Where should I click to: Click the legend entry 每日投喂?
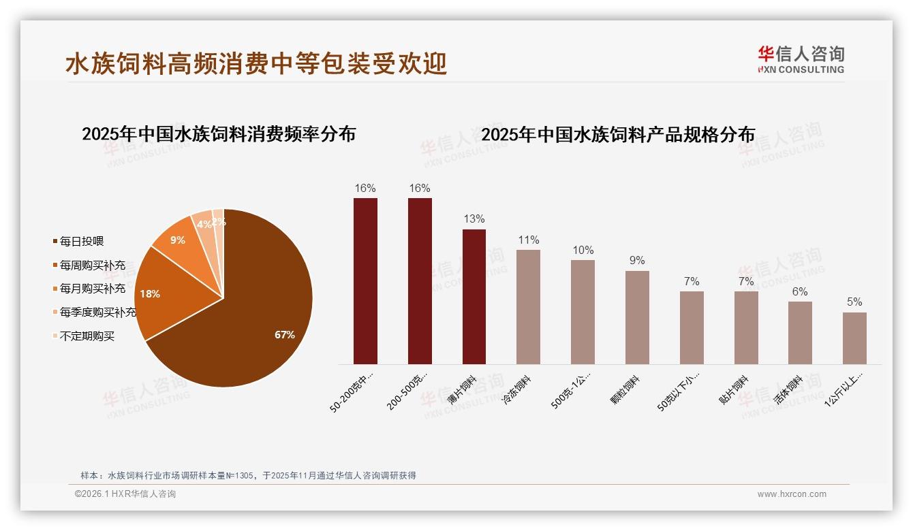click(x=82, y=242)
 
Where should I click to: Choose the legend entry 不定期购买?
click(x=87, y=336)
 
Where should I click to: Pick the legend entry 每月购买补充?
click(x=93, y=289)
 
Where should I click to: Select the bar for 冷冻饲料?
click(x=528, y=307)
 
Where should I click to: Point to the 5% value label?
click(x=854, y=302)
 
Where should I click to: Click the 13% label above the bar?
click(x=474, y=219)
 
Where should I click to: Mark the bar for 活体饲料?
click(x=800, y=333)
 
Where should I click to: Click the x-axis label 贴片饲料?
click(x=735, y=390)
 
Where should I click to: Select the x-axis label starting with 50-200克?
click(x=354, y=393)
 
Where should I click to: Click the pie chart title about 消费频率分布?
click(x=219, y=134)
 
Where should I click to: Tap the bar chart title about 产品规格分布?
click(x=618, y=135)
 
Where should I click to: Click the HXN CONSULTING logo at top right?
click(x=801, y=60)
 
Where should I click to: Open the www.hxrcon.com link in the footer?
click(x=792, y=494)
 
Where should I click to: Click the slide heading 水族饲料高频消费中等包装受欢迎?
click(x=256, y=64)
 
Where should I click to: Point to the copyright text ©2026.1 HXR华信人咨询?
click(x=125, y=494)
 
